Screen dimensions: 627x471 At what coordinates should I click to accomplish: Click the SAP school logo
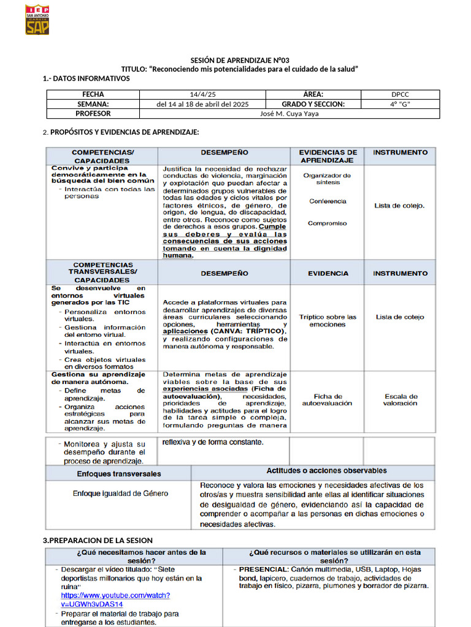pos(37,20)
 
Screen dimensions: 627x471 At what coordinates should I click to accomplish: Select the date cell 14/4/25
pos(202,94)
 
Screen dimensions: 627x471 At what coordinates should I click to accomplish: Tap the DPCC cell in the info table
pos(400,94)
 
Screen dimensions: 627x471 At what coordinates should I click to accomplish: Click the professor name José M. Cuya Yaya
pos(289,114)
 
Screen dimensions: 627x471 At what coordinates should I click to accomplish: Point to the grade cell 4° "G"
pos(400,104)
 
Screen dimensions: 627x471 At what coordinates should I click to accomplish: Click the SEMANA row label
pos(93,104)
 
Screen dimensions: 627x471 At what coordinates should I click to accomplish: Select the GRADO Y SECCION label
pos(313,104)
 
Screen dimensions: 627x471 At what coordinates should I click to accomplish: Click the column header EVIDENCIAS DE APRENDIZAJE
pos(328,156)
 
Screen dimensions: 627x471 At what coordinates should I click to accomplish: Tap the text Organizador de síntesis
pos(327,179)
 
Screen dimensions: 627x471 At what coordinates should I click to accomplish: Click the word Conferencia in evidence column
pos(327,201)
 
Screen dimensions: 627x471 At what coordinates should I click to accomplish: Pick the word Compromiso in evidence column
pos(327,223)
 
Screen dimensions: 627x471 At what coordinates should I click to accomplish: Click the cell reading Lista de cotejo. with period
pos(400,206)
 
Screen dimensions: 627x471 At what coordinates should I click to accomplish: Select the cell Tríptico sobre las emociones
pos(327,321)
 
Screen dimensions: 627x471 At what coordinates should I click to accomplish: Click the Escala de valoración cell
pos(400,400)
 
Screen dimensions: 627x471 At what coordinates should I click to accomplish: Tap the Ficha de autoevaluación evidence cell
pos(328,400)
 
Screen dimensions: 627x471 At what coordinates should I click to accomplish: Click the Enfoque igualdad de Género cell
pos(120,494)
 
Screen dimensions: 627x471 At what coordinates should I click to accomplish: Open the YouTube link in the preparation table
pos(115,599)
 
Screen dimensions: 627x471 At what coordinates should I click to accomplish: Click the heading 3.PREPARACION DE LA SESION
pos(97,541)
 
